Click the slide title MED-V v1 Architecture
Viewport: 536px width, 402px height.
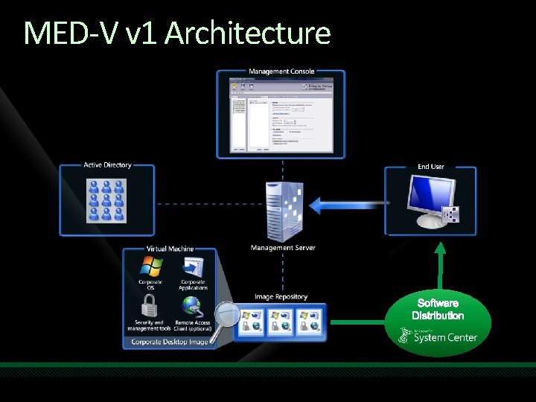pos(177,33)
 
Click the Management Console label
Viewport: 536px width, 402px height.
pos(281,71)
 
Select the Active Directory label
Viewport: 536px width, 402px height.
pos(107,165)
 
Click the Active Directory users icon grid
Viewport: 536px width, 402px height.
pos(107,199)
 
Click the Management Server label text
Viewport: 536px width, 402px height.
pos(283,248)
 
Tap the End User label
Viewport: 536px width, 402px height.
pos(430,167)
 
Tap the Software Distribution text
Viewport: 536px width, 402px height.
pos(438,309)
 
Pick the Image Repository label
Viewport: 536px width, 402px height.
pos(281,297)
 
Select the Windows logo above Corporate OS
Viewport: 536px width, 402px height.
pos(151,267)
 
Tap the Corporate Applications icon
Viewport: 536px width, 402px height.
pos(193,267)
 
